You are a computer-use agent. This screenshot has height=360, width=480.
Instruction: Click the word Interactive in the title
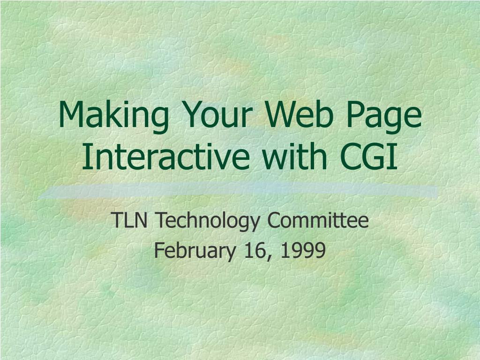pos(166,156)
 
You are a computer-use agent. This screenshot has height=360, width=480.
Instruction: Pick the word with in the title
pos(295,156)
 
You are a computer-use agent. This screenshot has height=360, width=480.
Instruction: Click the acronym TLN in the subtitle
pos(129,220)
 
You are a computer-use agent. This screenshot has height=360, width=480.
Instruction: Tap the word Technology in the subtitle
pos(208,222)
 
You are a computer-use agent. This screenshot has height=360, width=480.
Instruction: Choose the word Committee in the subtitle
pos(318,220)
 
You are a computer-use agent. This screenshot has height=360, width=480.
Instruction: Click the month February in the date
pos(195,252)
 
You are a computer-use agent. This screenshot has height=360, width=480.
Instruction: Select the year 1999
pos(303,250)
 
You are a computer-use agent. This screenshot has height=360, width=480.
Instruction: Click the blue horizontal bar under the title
pos(239,192)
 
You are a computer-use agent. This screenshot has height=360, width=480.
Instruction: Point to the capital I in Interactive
pos(85,157)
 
